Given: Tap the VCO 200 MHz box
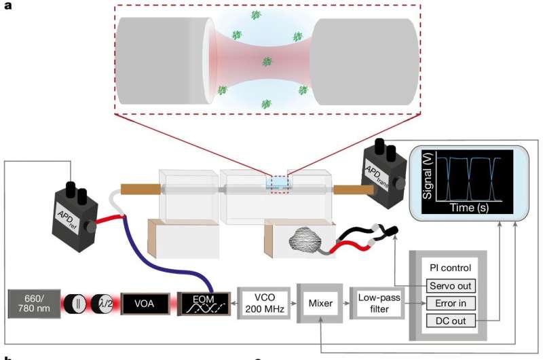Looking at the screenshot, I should tap(261, 304).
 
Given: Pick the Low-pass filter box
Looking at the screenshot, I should tap(377, 304).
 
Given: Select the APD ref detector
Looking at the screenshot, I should tap(75, 216).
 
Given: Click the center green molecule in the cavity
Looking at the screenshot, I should tap(267, 62).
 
